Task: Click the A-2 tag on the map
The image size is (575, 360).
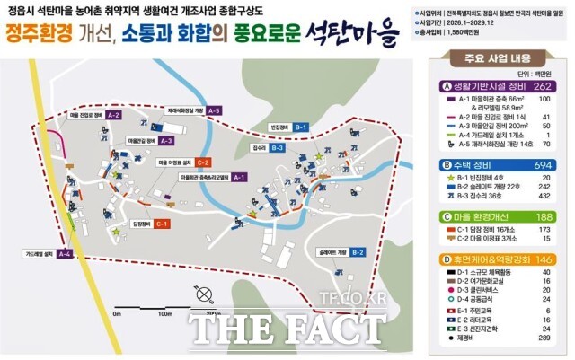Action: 113,116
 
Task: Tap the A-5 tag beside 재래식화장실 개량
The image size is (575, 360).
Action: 213,110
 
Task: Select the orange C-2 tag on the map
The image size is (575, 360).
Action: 204,162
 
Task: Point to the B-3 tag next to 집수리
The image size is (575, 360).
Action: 278,147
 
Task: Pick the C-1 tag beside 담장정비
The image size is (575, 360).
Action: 163,223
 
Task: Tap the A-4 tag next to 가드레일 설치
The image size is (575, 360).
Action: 64,254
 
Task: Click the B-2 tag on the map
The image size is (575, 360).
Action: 357,252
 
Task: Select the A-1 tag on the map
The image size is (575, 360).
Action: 238,178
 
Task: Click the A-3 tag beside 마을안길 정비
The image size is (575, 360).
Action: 167,141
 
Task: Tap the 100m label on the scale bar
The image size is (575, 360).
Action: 164,314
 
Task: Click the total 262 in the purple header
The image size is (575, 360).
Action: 542,86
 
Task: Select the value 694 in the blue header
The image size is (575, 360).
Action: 542,165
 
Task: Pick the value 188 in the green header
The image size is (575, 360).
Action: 542,216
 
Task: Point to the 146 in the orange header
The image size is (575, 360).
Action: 542,259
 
